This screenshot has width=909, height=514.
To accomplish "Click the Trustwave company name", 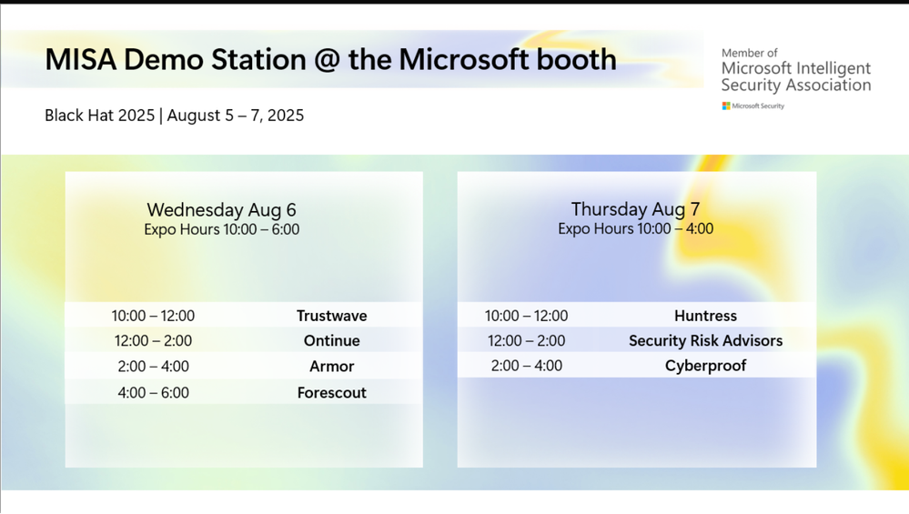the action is [331, 316].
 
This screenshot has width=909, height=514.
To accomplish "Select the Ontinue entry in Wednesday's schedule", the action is [331, 341].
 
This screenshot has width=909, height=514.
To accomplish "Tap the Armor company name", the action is [331, 367].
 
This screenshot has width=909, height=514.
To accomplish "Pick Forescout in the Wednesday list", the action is [331, 393].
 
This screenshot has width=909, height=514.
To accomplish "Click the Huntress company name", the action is [705, 316].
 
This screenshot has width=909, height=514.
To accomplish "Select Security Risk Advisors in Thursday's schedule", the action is [705, 341].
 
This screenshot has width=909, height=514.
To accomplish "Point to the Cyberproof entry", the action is [705, 366].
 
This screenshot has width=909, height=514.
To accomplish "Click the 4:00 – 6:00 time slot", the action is [153, 393].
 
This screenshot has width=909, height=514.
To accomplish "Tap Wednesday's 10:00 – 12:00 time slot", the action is [153, 316].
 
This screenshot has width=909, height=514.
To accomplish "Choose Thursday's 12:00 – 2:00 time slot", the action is [527, 341].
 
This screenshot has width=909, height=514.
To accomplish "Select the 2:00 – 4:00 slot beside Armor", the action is [153, 367].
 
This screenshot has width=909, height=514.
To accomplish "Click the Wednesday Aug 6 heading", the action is [221, 210].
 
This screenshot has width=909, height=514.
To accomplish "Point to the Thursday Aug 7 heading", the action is [635, 209].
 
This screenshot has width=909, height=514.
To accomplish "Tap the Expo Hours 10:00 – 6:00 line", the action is [221, 229].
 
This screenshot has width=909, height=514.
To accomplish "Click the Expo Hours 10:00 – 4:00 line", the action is [635, 229].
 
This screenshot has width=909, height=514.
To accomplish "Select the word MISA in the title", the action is [81, 60].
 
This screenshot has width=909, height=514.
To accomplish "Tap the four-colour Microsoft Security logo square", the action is [726, 106].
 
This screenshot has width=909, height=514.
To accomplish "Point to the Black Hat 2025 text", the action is [100, 116].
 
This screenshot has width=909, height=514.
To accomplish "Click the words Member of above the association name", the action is [749, 54].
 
